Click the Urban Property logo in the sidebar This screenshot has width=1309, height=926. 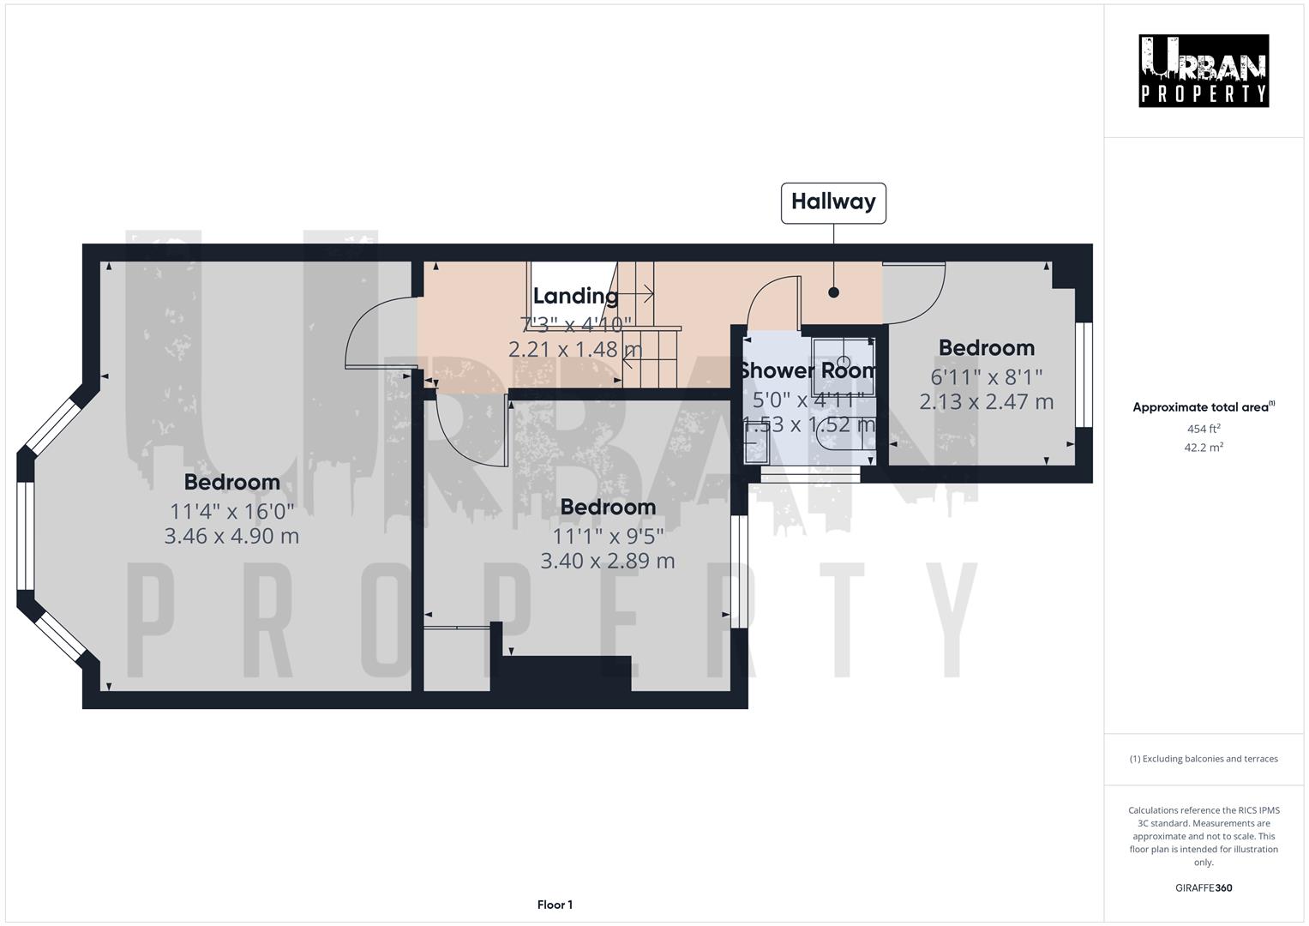(x=1203, y=71)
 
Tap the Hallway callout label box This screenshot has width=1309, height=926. (x=833, y=202)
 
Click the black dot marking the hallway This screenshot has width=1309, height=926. (x=833, y=292)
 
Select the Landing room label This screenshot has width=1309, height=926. (x=575, y=297)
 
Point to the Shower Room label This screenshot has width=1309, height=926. (x=808, y=370)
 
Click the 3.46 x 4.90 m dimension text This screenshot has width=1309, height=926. (x=231, y=536)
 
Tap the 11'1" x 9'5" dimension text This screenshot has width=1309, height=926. (x=608, y=536)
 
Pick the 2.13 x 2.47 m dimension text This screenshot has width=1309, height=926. (x=986, y=401)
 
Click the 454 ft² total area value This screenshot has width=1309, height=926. (x=1203, y=429)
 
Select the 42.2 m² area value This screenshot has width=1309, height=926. (x=1203, y=447)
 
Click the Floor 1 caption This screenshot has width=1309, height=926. (x=555, y=905)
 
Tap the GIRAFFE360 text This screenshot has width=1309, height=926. (x=1203, y=887)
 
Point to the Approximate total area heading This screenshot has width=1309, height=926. (x=1203, y=407)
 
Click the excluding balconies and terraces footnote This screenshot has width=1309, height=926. (x=1203, y=759)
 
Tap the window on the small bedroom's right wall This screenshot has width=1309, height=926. (x=1084, y=375)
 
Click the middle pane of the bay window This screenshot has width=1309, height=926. (x=25, y=536)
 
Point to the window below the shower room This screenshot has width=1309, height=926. (x=809, y=471)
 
